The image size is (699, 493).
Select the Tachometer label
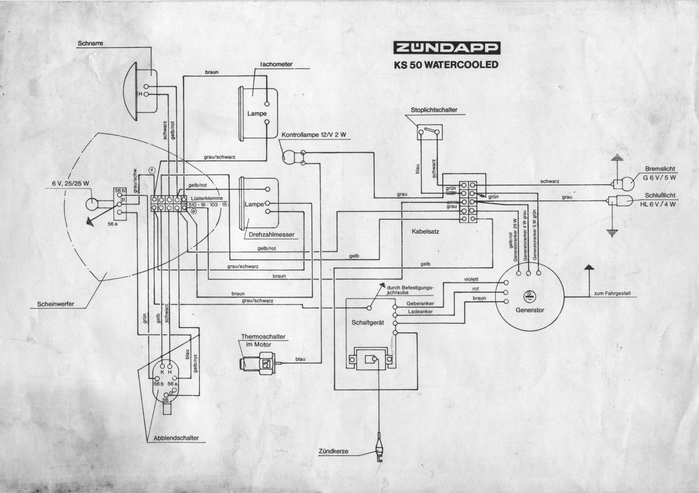(276, 64)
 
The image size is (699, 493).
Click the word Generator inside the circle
(529, 310)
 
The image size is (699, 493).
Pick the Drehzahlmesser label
(271, 235)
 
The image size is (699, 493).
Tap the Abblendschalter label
(176, 438)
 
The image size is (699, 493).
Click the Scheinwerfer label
(55, 304)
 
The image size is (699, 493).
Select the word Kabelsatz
(425, 231)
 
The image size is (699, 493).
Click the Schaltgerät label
(368, 322)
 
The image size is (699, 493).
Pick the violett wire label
(471, 279)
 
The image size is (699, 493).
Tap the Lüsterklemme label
(204, 198)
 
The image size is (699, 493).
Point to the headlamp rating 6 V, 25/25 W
(70, 183)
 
